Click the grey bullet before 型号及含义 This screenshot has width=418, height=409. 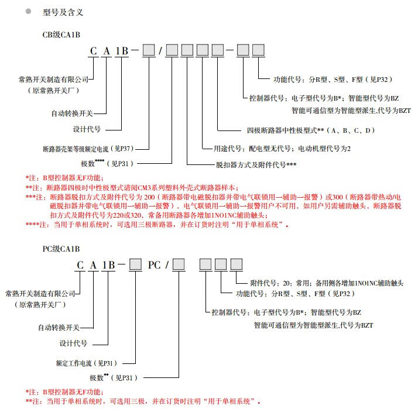pyautogui.click(x=28, y=11)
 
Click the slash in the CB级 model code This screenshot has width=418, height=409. pyautogui.click(x=160, y=51)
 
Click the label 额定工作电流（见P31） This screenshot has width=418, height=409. pyautogui.click(x=88, y=363)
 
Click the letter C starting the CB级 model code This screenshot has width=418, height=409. pyautogui.click(x=93, y=51)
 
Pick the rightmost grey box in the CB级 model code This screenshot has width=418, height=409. pyautogui.click(x=258, y=51)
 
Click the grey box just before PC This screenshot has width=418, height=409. pyautogui.click(x=135, y=265)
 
